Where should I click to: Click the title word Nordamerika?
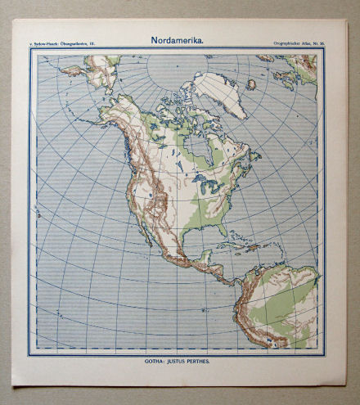click(177, 39)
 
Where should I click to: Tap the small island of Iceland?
click(250, 83)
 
